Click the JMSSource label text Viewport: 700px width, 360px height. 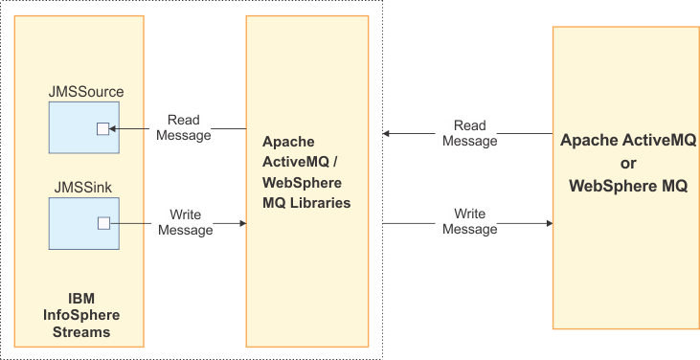[86, 92]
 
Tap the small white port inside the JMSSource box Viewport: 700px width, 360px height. [102, 129]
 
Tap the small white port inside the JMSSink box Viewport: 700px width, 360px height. [102, 223]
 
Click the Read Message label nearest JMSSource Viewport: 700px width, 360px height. [184, 127]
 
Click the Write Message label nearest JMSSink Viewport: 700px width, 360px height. [184, 221]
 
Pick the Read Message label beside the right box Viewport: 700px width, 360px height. [469, 133]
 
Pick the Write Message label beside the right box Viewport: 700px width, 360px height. [469, 221]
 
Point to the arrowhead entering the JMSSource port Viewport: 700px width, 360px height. [113, 129]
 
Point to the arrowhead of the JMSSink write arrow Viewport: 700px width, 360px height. [242, 223]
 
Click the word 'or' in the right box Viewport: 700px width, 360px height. [628, 163]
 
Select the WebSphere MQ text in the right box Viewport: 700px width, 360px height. [628, 186]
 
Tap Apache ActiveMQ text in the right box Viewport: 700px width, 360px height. [628, 140]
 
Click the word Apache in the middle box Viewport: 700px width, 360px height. [287, 140]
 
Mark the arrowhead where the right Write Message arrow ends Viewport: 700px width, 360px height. [549, 223]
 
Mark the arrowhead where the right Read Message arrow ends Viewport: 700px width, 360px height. [387, 135]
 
